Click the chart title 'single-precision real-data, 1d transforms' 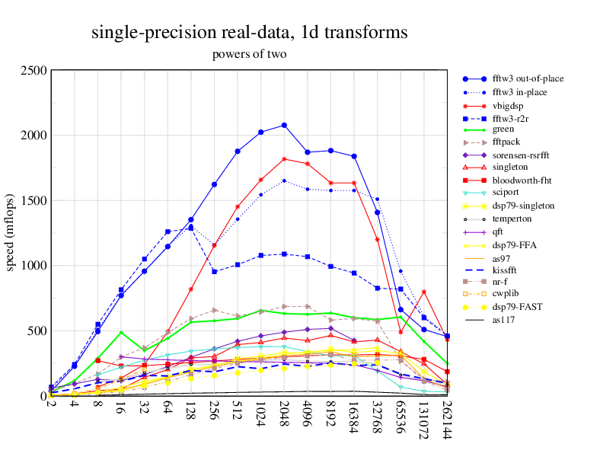tap(249, 33)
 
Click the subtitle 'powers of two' tap(249, 54)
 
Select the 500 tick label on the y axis tap(37, 331)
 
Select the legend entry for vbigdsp tap(510, 105)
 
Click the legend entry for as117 tap(506, 319)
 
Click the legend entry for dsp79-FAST tap(517, 306)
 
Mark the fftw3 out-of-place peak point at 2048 tap(284, 125)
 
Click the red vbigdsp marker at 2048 tap(284, 159)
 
